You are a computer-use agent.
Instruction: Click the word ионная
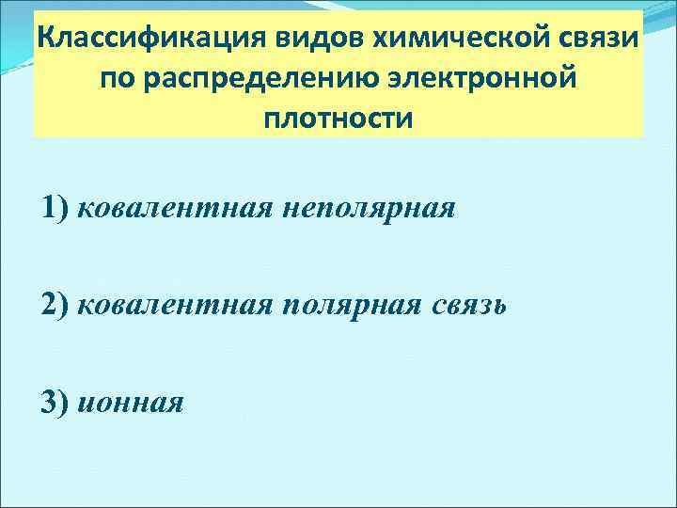point(131,403)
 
